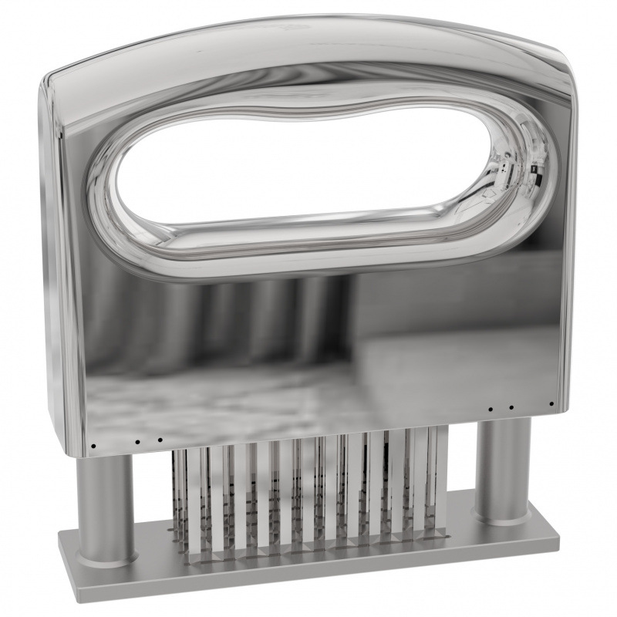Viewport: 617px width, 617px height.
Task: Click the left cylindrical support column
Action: pyautogui.click(x=106, y=501)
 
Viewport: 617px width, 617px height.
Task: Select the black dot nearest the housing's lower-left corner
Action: pyautogui.click(x=93, y=446)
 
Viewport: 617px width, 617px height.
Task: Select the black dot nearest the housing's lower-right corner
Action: pyautogui.click(x=551, y=403)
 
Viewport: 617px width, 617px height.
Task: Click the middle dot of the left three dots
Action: pyautogui.click(x=137, y=443)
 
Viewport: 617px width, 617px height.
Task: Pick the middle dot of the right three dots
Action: pyautogui.click(x=511, y=406)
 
